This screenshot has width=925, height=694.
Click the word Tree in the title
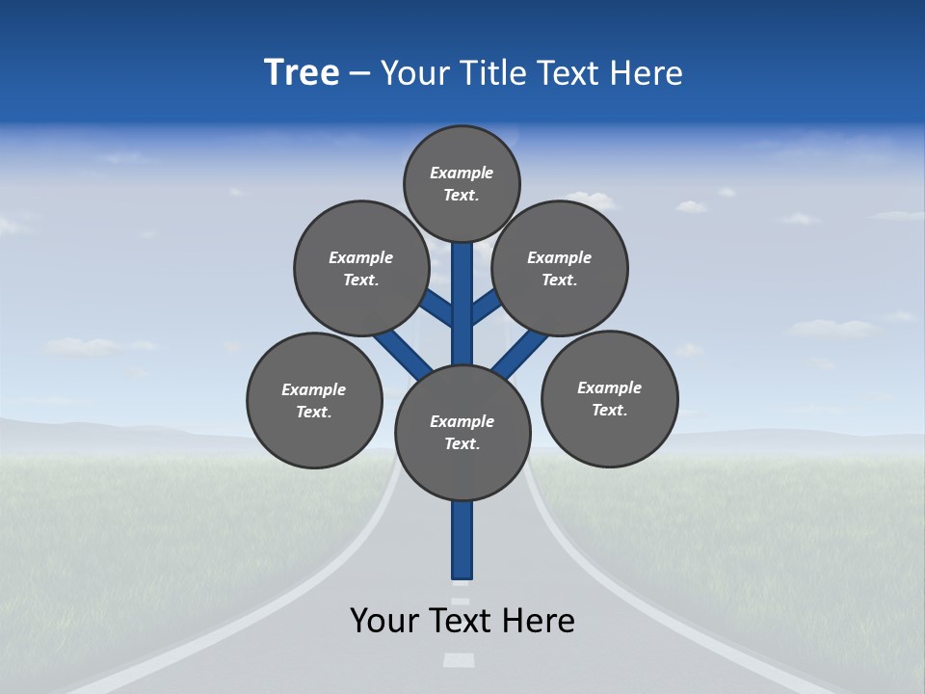[302, 72]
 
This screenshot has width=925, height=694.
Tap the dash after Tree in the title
[360, 74]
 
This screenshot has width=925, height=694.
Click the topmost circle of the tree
[462, 183]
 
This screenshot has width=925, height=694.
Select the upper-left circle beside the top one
[361, 268]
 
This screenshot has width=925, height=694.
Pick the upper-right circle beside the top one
[560, 268]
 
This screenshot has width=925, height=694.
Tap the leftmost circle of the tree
[314, 400]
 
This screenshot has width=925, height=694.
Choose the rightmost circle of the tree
[609, 398]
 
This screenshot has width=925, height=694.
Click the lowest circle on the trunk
[462, 433]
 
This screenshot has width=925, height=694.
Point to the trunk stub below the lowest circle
[462, 540]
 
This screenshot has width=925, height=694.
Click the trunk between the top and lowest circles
[462, 304]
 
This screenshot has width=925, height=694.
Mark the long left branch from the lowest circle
[403, 354]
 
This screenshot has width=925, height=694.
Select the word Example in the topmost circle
[462, 173]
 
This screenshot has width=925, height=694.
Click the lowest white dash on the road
[460, 660]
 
